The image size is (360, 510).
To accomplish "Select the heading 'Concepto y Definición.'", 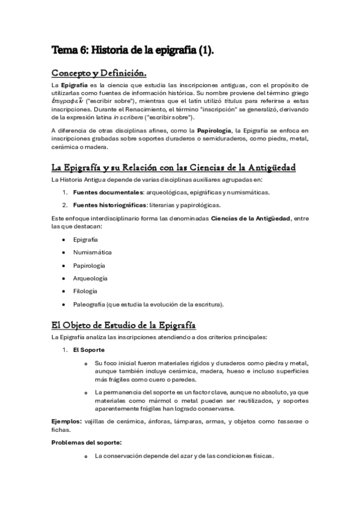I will point(99,74).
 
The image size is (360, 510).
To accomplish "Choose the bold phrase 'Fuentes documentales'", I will point(101,192).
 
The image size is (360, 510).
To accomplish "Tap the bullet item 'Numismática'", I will point(92,253).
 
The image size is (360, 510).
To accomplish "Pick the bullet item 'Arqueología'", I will point(90,278).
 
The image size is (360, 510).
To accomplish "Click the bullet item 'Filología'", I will point(85,291).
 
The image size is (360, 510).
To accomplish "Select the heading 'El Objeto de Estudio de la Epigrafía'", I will point(124,326).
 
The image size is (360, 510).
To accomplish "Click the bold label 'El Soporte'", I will point(89,349).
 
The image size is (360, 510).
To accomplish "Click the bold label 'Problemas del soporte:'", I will point(87,443).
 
